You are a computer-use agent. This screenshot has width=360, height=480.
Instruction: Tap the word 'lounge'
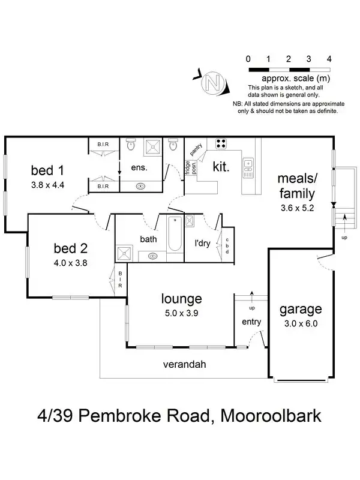181,298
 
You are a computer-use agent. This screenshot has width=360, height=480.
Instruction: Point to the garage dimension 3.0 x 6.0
300,323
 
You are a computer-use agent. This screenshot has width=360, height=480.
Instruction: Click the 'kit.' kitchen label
221,167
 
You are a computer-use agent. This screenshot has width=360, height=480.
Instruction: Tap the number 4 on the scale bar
329,59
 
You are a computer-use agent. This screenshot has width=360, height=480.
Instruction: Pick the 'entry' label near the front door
251,322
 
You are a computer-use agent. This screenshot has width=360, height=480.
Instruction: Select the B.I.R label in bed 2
120,278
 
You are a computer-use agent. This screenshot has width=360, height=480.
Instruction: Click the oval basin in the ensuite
141,185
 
